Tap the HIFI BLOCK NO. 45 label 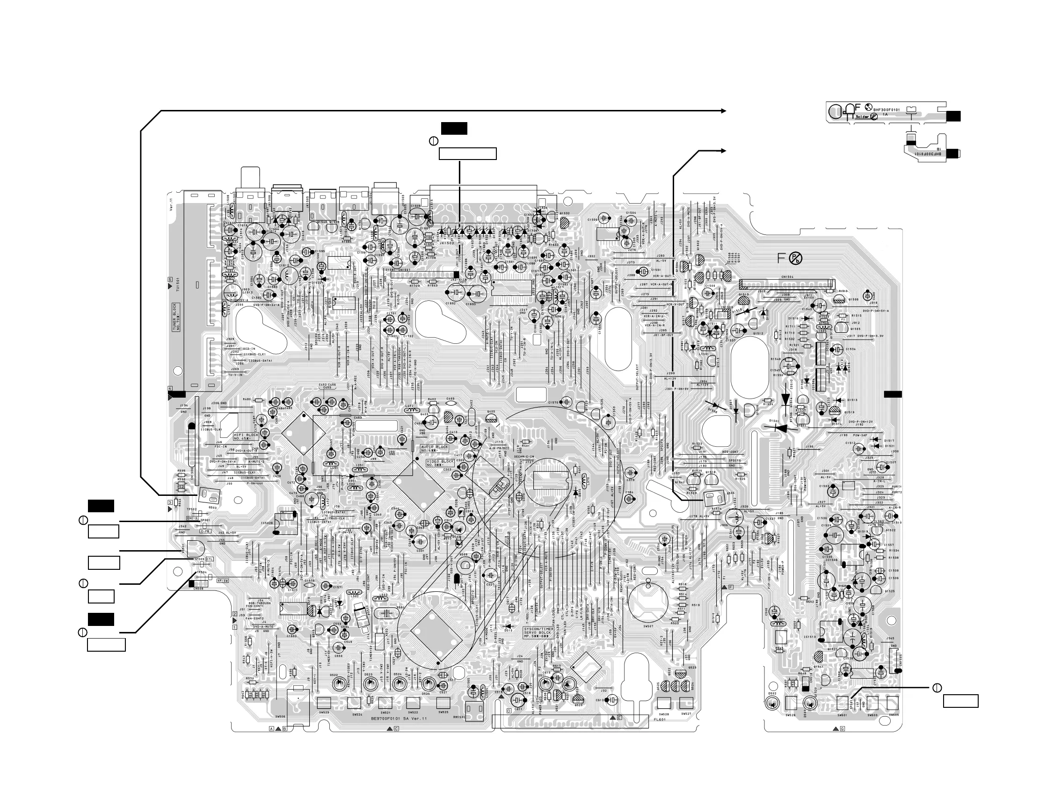[x=246, y=436]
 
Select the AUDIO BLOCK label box [x=434, y=448]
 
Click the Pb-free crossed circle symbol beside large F [x=795, y=259]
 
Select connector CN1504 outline [x=786, y=285]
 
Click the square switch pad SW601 [x=842, y=702]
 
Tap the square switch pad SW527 [x=686, y=703]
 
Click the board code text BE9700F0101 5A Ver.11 [x=399, y=719]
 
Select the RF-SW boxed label [x=223, y=580]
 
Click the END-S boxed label [x=192, y=518]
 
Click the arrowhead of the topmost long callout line [x=724, y=111]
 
